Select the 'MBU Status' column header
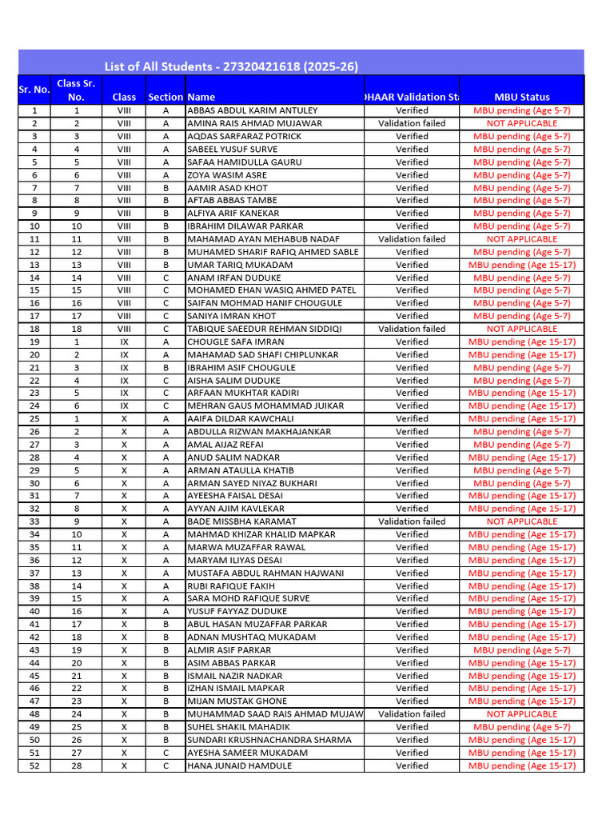pos(521,97)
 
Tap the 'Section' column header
pos(165,97)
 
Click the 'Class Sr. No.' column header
pos(76,90)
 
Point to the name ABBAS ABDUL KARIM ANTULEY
pos(252,110)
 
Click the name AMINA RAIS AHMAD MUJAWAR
pos(254,123)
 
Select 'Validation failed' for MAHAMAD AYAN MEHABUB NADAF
pos(412,239)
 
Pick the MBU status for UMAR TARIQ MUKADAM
pos(521,265)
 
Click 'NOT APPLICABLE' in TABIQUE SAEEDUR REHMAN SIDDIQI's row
pos(521,329)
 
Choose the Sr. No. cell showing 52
pos(34,765)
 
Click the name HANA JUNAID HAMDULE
pos(239,765)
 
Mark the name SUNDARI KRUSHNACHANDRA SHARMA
pos(269,740)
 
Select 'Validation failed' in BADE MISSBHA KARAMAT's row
pos(412,521)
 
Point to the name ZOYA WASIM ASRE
pos(227,175)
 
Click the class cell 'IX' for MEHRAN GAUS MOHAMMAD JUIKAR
pos(124,406)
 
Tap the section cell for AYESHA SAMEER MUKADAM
pos(165,753)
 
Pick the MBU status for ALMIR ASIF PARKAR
pos(521,650)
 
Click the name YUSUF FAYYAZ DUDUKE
pos(237,611)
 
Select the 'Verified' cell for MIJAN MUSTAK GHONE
pos(412,701)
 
